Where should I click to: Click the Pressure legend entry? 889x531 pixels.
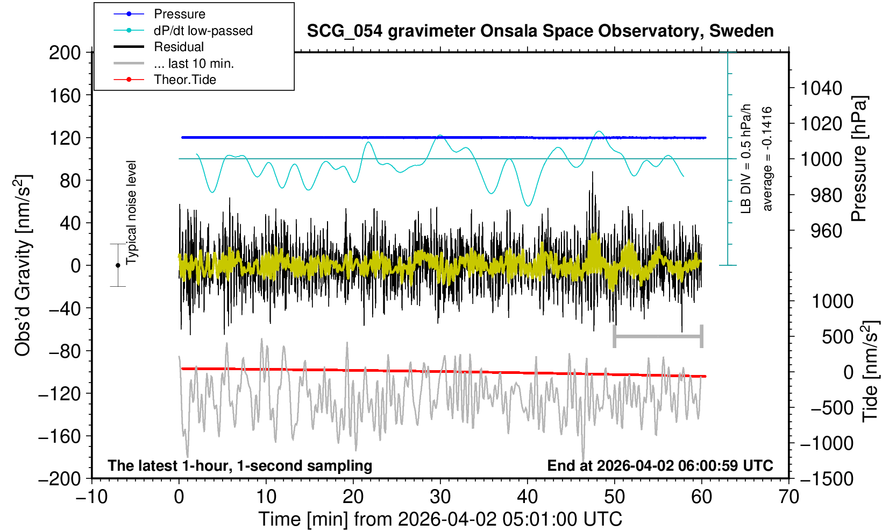[x=179, y=14]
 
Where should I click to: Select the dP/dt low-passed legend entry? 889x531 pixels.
[x=203, y=31]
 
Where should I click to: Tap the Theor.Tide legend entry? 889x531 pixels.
[x=184, y=80]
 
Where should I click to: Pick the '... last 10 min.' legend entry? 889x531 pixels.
[x=194, y=63]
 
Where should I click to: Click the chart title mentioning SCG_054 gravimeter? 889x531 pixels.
[x=540, y=31]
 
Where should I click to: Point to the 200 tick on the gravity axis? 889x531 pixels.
[x=65, y=53]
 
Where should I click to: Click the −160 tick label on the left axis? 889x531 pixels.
[x=59, y=436]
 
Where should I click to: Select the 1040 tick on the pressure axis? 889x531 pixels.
[x=821, y=88]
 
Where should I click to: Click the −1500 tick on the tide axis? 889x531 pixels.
[x=827, y=478]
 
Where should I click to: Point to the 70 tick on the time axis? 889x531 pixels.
[x=788, y=496]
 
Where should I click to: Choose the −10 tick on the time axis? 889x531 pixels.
[x=92, y=496]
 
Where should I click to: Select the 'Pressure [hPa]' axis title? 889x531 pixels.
[x=859, y=159]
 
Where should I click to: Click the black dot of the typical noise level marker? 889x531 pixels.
[x=118, y=265]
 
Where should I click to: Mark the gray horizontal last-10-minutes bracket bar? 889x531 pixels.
[x=658, y=337]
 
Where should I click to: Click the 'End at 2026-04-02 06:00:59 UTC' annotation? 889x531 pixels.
[x=660, y=465]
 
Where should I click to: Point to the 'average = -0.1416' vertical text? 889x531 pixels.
[x=767, y=159]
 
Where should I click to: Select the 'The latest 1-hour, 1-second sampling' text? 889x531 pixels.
[x=240, y=465]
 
